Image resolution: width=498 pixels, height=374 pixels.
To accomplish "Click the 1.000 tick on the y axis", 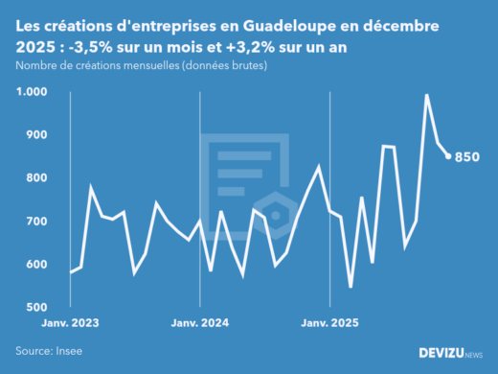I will click(32, 92).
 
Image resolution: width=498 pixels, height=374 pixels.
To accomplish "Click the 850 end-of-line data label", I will click(467, 157).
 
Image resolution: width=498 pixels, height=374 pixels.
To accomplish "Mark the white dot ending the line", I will click(448, 156).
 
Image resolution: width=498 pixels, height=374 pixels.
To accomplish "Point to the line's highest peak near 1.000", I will click(426, 95).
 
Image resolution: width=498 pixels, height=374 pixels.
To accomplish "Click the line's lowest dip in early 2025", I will click(351, 286).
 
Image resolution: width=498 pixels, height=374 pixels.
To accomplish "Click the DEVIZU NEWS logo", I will click(451, 353).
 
